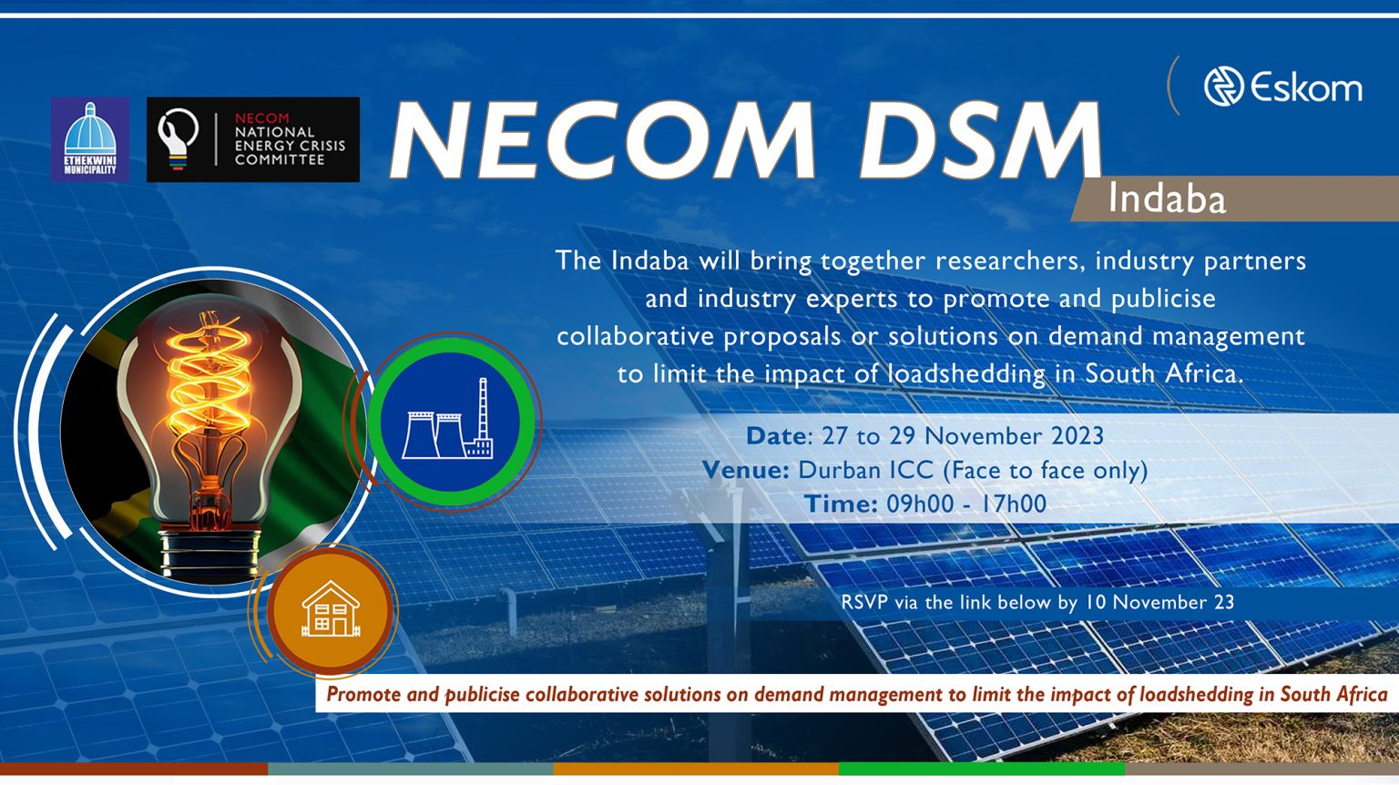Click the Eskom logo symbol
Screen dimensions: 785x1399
1223,87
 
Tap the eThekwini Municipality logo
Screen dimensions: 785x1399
89,139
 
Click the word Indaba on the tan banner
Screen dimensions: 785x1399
1167,199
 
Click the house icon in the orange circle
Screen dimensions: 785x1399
331,609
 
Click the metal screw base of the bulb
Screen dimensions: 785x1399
197,551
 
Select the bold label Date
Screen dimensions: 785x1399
776,435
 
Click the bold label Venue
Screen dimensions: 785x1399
745,470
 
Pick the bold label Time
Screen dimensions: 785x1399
841,504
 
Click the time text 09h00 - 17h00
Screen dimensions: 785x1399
966,504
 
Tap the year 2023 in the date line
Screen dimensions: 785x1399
1077,435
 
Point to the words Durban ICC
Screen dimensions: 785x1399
865,470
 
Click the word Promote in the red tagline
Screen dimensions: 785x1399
363,694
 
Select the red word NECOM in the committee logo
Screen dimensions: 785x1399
261,118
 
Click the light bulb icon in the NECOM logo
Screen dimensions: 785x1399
177,138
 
